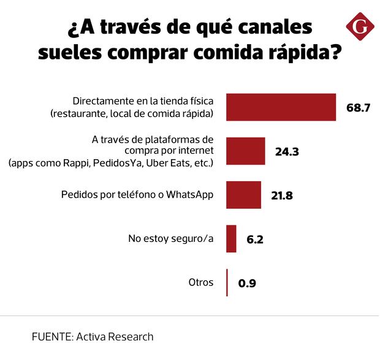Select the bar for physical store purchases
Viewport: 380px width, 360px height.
[x=281, y=107]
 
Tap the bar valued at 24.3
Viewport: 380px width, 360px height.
[x=246, y=151]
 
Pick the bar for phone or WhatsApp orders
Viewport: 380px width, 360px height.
[x=244, y=195]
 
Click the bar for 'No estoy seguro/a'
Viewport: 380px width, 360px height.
[x=231, y=239]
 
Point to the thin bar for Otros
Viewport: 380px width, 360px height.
[x=227, y=283]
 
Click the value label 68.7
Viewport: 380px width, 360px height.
[x=359, y=108]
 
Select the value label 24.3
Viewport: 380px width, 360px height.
[x=287, y=152]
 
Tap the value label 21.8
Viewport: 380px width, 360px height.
[x=283, y=196]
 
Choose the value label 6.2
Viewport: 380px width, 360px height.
[x=254, y=239]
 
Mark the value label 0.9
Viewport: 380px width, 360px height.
[x=246, y=283]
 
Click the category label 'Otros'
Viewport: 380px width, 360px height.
[x=201, y=282]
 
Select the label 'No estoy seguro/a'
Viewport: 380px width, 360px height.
[x=170, y=239]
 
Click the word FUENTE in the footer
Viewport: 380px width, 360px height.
[x=51, y=337]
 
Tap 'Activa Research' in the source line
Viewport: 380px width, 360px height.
[x=115, y=337]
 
